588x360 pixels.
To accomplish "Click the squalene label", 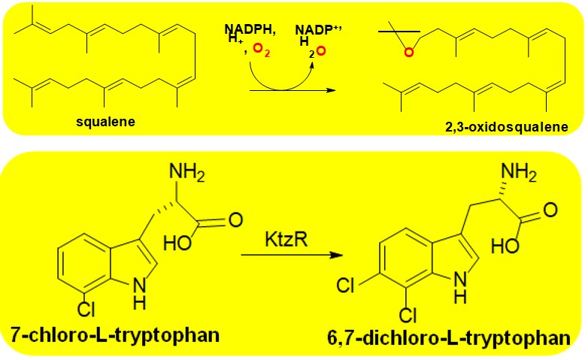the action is pos(105,122).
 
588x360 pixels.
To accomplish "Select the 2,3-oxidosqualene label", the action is pos(507,127).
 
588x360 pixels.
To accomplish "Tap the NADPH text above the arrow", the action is pos(250,29).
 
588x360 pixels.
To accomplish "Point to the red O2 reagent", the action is pos(262,50).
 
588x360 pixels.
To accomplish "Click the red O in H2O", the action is pos(321,51).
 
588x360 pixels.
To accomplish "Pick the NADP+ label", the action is pos(318,30).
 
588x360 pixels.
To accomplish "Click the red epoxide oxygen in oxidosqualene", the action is pos(409,52).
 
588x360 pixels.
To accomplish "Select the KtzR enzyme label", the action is pos(286,239).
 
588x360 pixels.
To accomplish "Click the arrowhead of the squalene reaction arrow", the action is pos(330,90).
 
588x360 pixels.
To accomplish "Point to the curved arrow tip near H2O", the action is pos(312,65).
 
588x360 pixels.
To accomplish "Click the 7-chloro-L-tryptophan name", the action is pos(115,334).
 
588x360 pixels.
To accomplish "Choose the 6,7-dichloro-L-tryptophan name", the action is pos(449,337).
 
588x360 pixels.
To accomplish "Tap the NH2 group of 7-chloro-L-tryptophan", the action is pos(187,172).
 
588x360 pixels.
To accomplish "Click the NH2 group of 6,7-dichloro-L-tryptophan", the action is pos(519,172).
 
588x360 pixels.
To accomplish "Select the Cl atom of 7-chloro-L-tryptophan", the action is pos(86,310).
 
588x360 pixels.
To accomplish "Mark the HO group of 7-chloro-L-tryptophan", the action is pos(177,243).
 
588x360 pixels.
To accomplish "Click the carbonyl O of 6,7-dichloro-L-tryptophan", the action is pos(550,210).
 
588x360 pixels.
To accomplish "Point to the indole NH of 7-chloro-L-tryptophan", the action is pos(140,294).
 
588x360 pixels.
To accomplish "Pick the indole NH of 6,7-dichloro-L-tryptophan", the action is pos(461,287).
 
